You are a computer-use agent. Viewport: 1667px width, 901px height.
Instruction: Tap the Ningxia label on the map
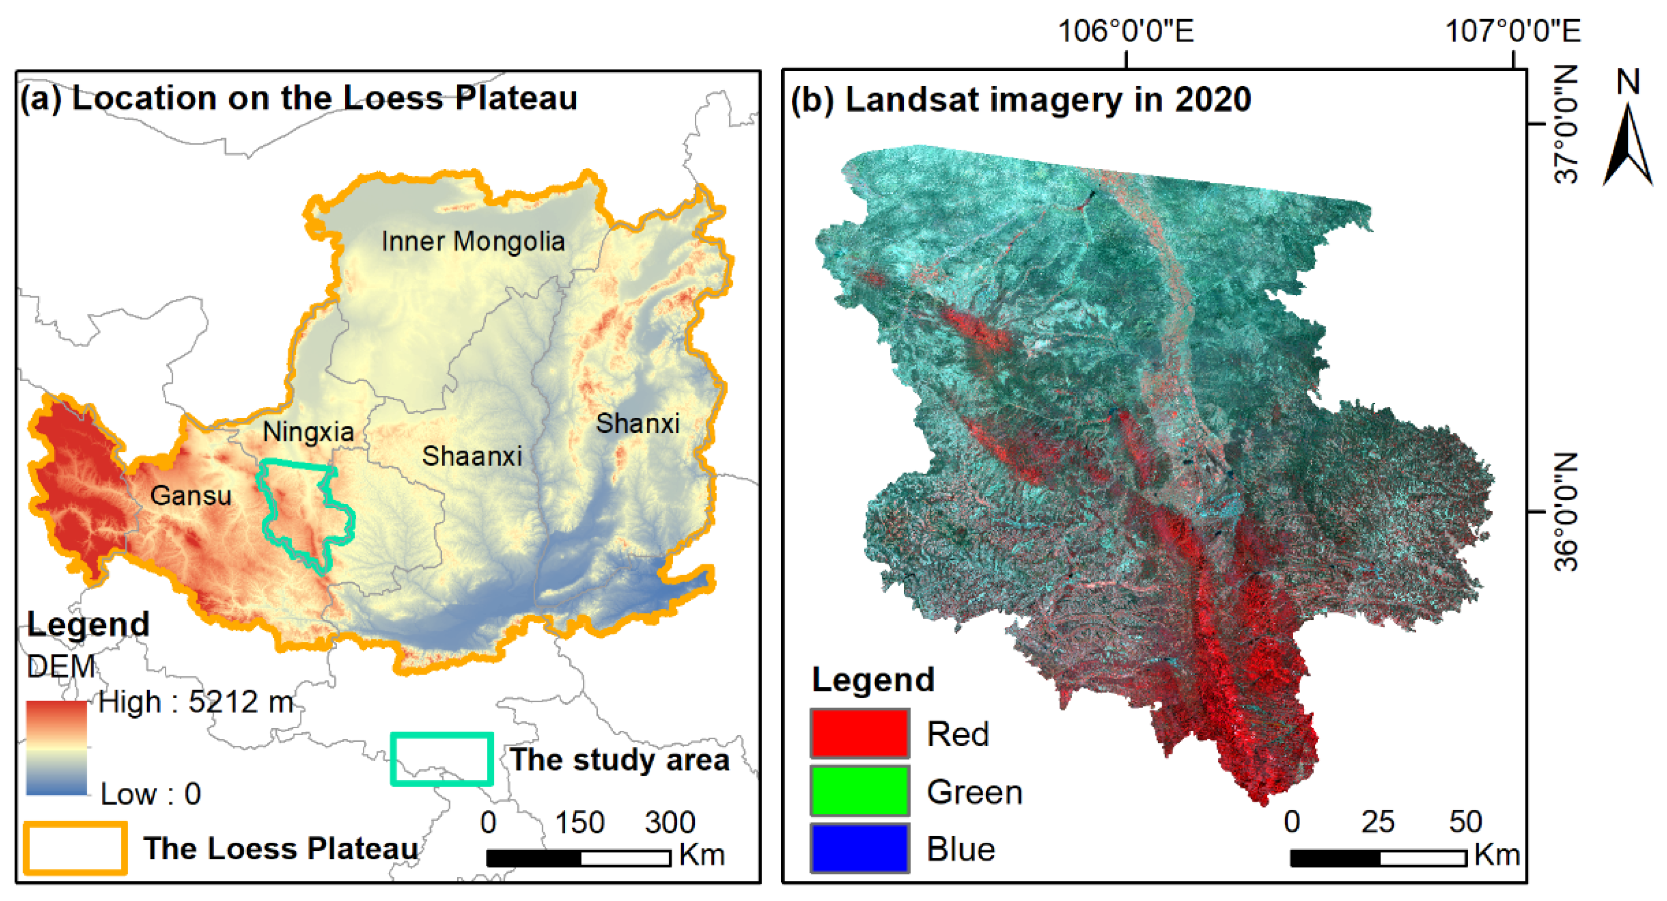pos(308,432)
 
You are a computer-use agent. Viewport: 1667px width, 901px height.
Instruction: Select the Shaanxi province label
pos(472,457)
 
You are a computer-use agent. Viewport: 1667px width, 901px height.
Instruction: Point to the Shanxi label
pos(638,424)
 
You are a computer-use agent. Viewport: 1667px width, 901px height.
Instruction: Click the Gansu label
pos(190,496)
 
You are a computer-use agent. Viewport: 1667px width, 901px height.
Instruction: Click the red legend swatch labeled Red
pos(860,733)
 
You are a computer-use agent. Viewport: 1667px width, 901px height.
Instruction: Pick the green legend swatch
pos(860,791)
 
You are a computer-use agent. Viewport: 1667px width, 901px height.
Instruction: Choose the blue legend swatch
pos(860,848)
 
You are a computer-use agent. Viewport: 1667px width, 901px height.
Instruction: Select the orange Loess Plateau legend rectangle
pos(75,848)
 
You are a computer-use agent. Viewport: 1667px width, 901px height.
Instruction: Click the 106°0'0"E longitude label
pos(1125,31)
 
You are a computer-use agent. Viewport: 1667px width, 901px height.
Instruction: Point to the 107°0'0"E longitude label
pos(1512,31)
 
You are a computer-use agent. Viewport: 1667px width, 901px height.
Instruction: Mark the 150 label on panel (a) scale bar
pos(579,823)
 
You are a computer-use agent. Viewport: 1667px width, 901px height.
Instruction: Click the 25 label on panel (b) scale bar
pos(1377,822)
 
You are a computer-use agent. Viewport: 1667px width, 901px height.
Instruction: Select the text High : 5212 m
pos(195,702)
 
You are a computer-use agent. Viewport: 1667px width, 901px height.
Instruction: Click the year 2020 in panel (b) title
pos(1213,99)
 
